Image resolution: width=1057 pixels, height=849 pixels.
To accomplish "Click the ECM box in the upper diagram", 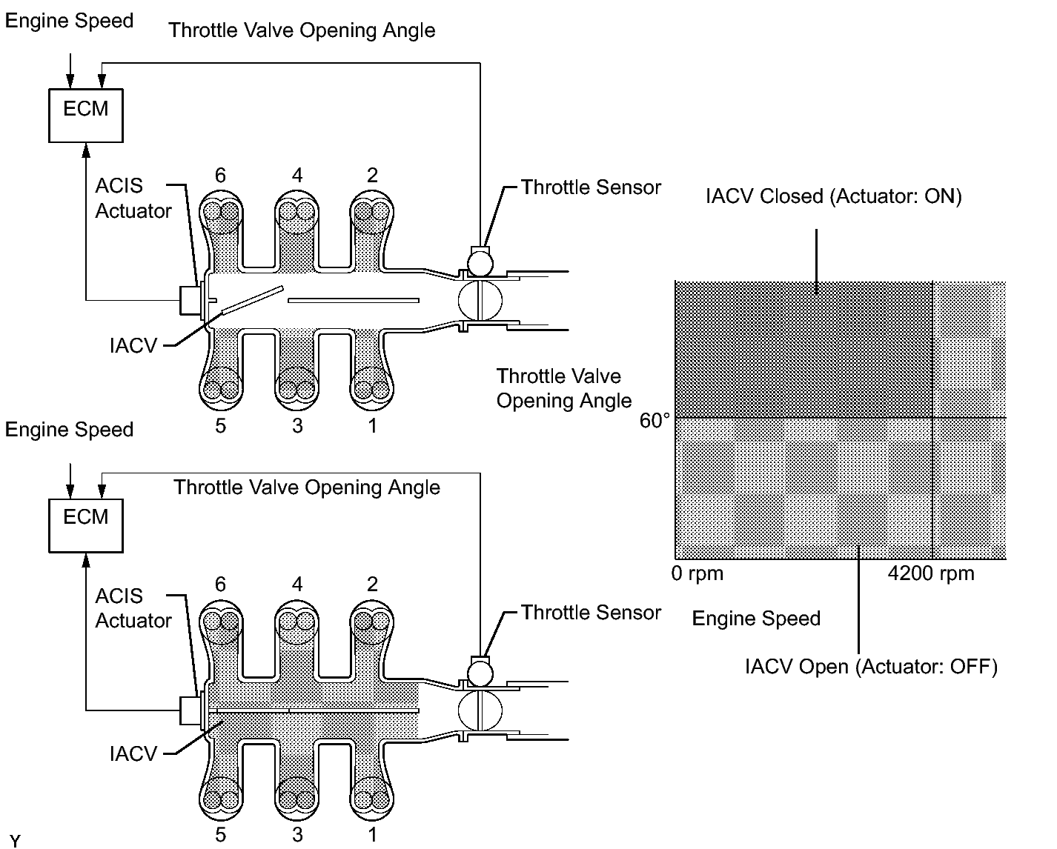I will [85, 114].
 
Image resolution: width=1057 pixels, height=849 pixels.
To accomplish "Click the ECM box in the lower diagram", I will [85, 524].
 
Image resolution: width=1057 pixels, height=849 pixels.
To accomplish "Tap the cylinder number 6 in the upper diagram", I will [220, 176].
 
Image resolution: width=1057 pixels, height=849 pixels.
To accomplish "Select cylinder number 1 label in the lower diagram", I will [372, 835].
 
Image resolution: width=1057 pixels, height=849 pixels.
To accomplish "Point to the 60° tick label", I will [655, 421].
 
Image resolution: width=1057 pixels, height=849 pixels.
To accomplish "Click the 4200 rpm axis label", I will [930, 573].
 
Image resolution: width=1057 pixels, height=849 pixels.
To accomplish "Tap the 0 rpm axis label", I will [698, 573].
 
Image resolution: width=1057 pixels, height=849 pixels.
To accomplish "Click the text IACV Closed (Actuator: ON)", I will [833, 197].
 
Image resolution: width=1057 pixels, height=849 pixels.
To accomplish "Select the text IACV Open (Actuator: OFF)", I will [871, 667].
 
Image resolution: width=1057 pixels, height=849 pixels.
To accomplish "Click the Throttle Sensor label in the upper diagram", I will [591, 187].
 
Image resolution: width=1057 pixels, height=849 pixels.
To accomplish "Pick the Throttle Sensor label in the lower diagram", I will [591, 613].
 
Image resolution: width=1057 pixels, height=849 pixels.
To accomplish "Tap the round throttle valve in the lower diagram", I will [480, 710].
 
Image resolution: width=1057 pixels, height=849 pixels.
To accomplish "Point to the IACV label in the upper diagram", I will [133, 345].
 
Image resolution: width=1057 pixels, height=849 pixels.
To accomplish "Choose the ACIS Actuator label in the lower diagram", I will [133, 608].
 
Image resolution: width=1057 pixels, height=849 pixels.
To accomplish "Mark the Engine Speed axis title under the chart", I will [756, 619].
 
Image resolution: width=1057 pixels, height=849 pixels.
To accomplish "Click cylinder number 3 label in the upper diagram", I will [297, 426].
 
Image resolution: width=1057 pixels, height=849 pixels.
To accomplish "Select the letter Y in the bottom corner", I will [16, 841].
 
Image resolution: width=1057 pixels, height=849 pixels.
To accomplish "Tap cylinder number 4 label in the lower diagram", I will [297, 585].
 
